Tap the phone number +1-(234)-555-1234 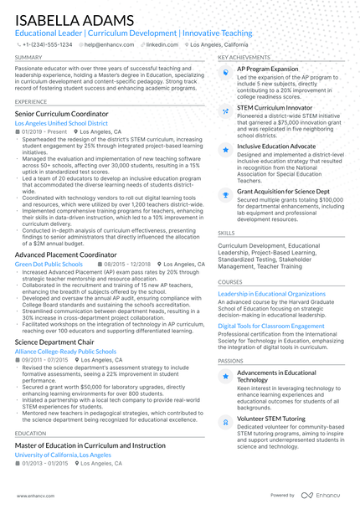tap(49, 44)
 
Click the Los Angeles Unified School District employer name tap(61, 123)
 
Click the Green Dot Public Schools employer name tap(49, 264)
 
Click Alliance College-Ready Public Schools tap(65, 352)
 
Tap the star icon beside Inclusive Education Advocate tap(225, 148)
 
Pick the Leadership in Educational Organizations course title tap(271, 294)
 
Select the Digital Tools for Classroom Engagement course tap(270, 325)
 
